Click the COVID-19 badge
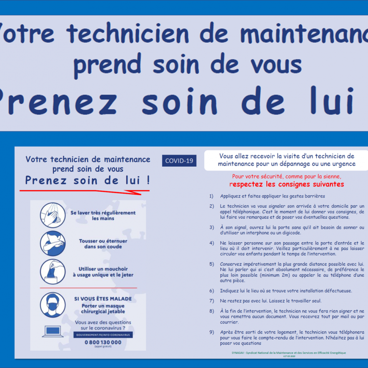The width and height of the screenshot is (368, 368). point(179,161)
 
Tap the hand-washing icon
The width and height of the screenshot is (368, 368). point(53,215)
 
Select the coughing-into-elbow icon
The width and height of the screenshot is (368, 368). point(53,243)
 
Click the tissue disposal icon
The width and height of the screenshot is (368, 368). point(53,271)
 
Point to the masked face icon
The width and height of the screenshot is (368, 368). point(53,305)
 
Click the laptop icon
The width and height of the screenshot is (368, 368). point(52,331)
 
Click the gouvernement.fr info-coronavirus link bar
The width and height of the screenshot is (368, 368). point(103,335)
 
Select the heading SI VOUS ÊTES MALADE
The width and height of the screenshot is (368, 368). point(103,299)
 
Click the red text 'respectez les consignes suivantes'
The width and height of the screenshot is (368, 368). point(287,184)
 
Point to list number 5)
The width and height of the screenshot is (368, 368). point(212,264)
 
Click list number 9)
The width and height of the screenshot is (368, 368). point(212,332)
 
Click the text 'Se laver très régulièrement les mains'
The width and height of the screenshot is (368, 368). point(103,215)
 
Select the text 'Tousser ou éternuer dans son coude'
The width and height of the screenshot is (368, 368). point(103,244)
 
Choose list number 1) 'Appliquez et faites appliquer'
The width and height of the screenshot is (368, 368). point(212,196)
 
